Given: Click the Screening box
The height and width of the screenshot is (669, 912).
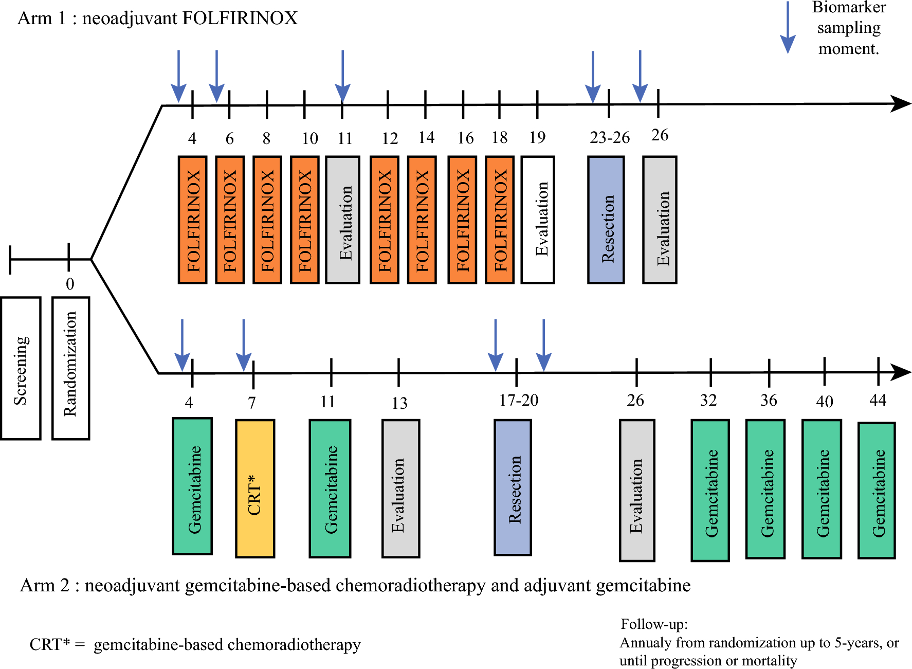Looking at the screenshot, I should (21, 368).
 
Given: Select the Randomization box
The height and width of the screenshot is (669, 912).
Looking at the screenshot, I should (70, 368).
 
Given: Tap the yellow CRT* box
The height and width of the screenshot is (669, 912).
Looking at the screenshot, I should (255, 489).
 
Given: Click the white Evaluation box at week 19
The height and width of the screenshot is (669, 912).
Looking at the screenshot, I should (538, 220).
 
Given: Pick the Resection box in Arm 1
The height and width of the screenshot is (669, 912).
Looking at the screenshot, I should (606, 220).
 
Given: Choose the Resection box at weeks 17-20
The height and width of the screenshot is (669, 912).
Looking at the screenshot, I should (513, 487).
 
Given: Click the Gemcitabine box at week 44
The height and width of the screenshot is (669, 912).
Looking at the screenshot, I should (877, 491).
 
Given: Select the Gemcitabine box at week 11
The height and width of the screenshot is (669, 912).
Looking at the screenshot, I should (330, 489).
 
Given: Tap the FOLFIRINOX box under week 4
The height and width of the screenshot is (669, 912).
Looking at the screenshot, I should (192, 220).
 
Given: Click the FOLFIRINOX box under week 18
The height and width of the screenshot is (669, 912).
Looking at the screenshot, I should (500, 220).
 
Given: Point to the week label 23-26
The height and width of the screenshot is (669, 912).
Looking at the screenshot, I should (609, 137).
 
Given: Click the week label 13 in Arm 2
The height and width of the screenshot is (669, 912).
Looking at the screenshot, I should (399, 403).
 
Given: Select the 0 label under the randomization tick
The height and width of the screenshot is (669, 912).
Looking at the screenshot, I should (70, 284).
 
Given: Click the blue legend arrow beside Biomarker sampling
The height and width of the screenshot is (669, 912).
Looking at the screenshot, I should (788, 28).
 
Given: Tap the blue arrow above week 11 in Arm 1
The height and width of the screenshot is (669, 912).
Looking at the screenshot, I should (342, 77).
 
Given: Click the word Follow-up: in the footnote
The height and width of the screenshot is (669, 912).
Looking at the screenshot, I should (654, 624).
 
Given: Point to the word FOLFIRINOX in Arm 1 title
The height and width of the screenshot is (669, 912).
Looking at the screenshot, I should (240, 18).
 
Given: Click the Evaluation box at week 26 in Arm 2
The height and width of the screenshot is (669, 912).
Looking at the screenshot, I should (637, 491).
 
